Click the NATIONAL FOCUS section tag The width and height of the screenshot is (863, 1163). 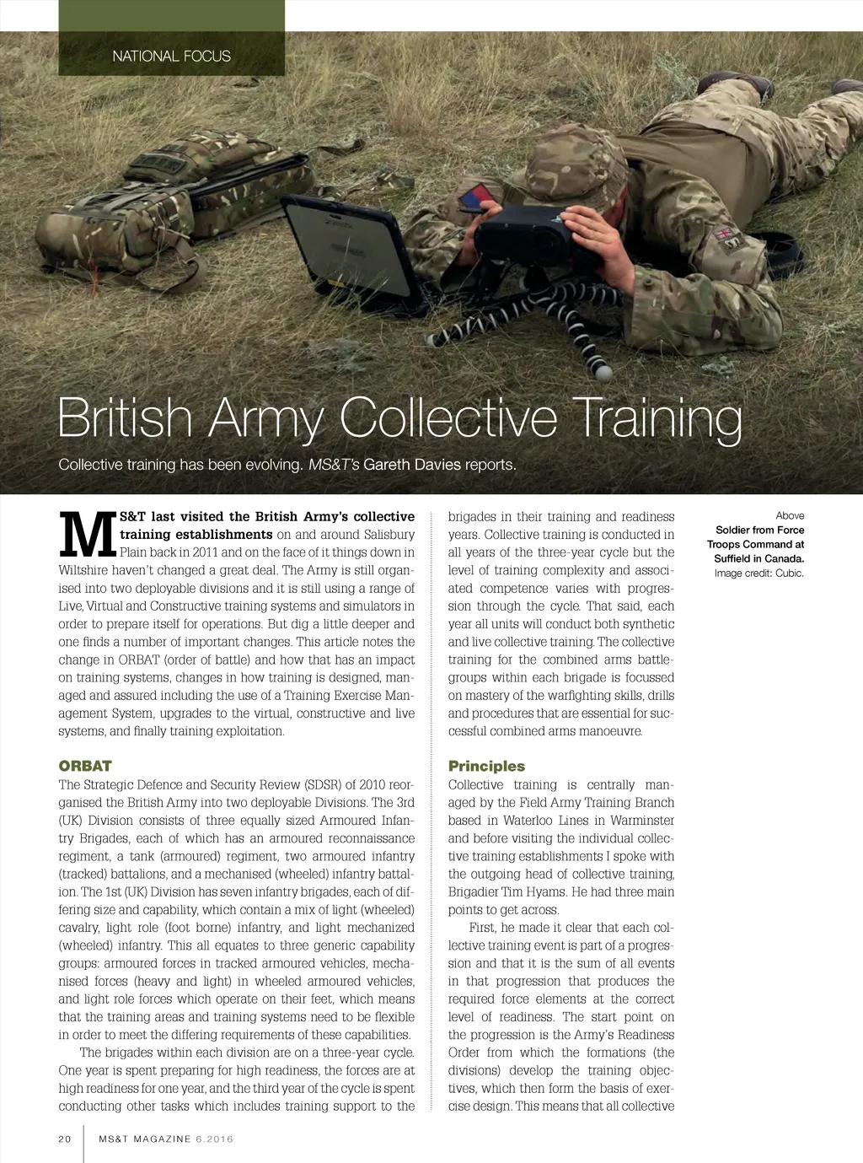(171, 57)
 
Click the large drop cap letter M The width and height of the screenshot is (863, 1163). (87, 535)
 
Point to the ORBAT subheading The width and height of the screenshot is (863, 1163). (85, 766)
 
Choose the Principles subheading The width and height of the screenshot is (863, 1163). (486, 766)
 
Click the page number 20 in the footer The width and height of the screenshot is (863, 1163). (65, 1139)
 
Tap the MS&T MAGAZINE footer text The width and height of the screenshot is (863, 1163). (145, 1139)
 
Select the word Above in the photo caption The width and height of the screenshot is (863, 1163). (790, 515)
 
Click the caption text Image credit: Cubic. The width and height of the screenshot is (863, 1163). (758, 573)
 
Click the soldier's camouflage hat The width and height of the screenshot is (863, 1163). (573, 164)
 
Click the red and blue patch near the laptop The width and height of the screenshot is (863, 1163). (476, 199)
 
